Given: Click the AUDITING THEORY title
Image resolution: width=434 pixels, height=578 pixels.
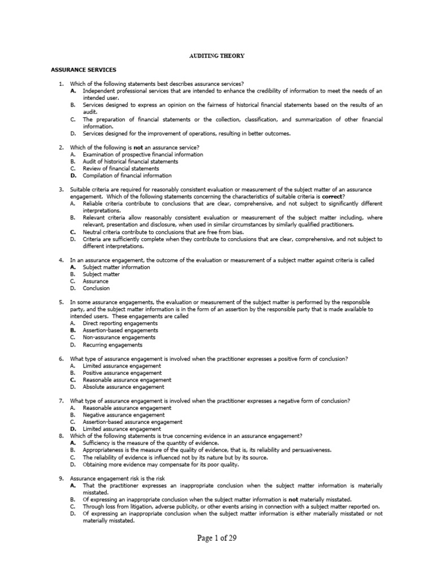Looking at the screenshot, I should tap(216, 56).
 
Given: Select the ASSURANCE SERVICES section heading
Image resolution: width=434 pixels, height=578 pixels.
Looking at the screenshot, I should tap(83, 69).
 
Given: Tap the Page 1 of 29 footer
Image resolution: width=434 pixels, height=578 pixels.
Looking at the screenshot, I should tap(216, 538).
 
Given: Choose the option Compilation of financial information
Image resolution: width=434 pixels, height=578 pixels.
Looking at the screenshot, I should tap(127, 175).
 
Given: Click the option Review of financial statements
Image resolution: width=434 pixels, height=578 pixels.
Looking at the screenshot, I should tap(121, 168).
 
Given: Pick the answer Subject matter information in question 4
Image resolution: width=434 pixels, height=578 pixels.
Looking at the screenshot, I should tap(116, 267).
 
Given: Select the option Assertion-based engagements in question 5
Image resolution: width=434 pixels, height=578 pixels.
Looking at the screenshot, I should tap(120, 330).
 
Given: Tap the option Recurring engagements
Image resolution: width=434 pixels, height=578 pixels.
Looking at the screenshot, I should tap(112, 344).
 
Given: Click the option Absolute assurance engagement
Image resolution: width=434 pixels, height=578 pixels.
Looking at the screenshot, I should tap(124, 387).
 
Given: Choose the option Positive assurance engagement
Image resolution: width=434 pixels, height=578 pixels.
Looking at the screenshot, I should tap(122, 373).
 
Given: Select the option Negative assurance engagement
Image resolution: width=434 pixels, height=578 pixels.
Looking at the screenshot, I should tap(124, 415).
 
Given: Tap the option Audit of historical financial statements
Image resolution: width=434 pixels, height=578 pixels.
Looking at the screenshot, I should tap(130, 161).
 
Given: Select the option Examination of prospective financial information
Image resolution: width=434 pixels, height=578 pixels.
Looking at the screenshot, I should tap(143, 154).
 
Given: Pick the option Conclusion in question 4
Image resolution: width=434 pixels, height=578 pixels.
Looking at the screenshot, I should tap(96, 288).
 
